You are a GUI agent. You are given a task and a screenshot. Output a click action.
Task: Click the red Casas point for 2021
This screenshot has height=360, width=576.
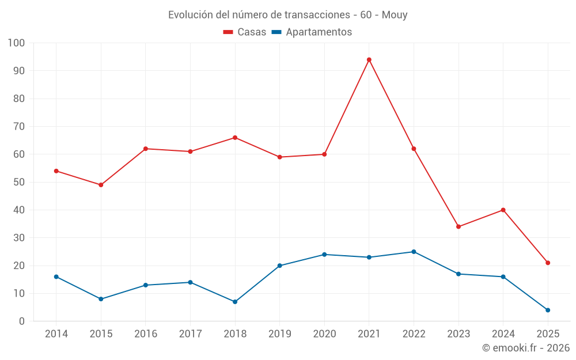[369, 60]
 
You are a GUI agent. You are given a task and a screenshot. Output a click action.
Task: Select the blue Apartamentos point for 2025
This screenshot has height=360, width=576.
[548, 310]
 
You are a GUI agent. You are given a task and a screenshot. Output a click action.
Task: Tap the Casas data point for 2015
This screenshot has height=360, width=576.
[101, 185]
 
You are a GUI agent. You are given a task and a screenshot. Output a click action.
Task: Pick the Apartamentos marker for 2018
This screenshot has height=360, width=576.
[235, 302]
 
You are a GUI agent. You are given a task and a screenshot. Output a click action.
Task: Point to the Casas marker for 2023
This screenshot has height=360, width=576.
[458, 227]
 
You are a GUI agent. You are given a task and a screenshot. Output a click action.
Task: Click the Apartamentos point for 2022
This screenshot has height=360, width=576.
[414, 252]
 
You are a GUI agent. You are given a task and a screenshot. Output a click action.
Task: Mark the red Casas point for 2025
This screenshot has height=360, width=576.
[548, 263]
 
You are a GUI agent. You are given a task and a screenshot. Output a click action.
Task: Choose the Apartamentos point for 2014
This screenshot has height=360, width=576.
[56, 277]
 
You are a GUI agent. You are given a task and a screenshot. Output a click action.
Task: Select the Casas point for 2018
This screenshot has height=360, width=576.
[235, 138]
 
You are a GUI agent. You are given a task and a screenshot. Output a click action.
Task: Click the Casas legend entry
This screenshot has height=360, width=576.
[245, 32]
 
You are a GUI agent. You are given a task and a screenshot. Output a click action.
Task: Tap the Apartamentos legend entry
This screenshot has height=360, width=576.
[312, 32]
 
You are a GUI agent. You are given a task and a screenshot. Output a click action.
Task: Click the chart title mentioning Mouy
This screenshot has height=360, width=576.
[288, 15]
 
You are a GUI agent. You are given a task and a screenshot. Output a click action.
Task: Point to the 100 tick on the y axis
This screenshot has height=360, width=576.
[17, 43]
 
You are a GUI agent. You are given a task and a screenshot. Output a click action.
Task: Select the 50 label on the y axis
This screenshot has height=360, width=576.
[19, 183]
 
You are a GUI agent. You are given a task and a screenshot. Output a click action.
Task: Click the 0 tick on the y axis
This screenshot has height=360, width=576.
[22, 321]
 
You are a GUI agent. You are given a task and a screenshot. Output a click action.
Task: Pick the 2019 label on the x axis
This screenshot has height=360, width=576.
[279, 334]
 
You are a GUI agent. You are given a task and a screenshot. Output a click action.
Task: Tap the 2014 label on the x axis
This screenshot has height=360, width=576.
[56, 334]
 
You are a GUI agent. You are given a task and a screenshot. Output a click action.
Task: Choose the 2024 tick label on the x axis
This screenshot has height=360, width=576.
[503, 334]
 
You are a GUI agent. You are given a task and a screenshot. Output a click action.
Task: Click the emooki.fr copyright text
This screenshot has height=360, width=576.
[525, 348]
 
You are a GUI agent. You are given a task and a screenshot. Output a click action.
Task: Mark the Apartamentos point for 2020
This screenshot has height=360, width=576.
[324, 255]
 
